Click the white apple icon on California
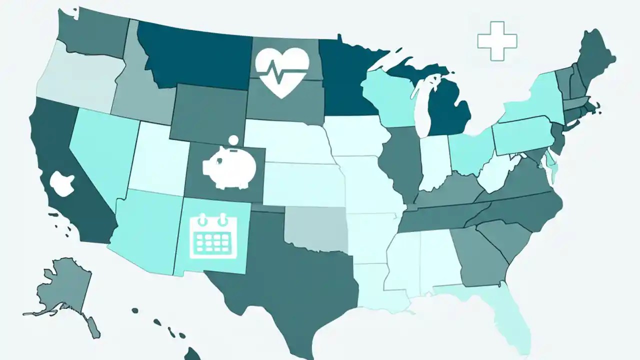(62, 183)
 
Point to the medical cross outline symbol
(497, 41)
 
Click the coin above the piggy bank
(233, 140)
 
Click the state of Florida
(505, 310)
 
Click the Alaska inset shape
(65, 290)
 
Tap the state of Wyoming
(207, 112)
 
